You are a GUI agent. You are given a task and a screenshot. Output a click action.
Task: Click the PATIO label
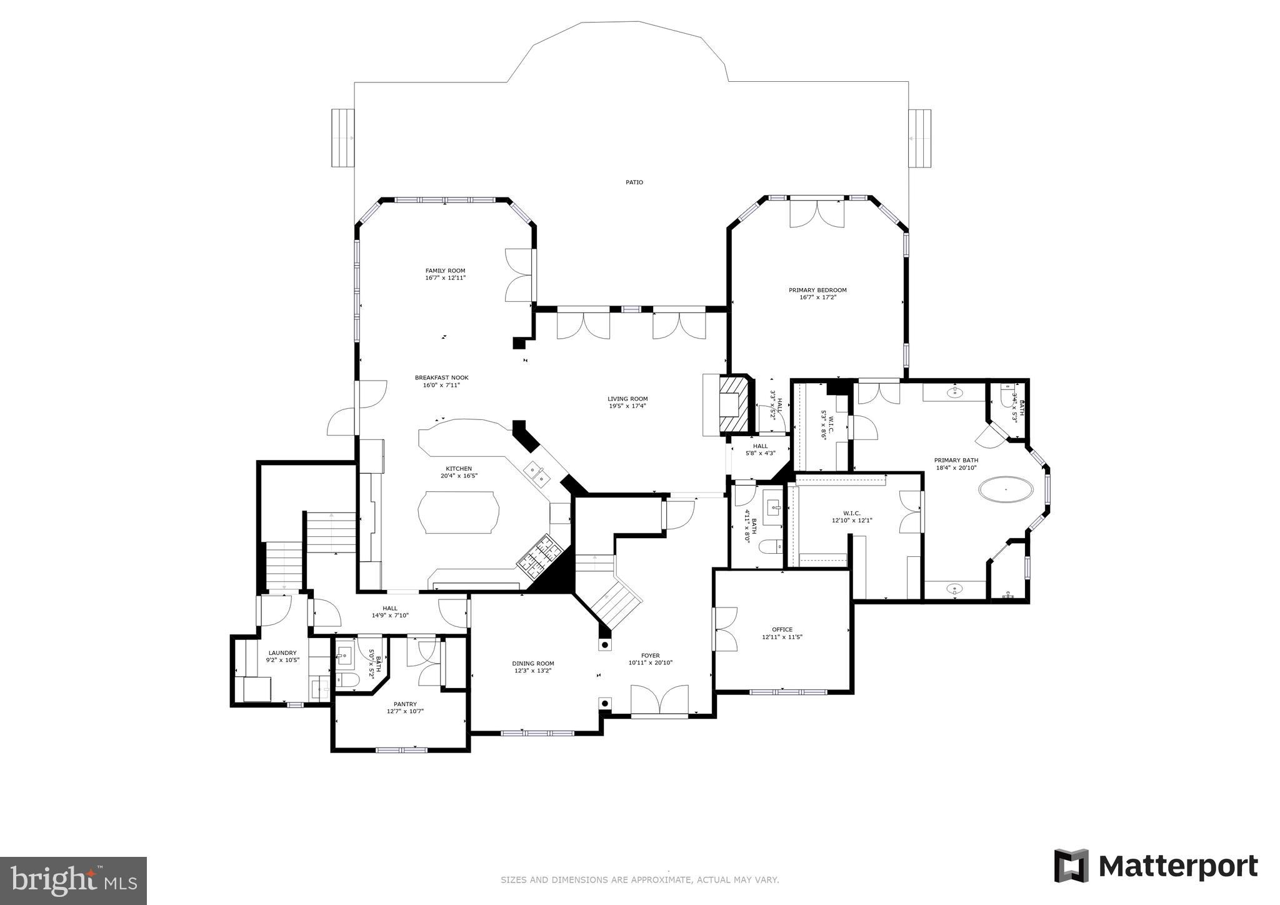pos(634,182)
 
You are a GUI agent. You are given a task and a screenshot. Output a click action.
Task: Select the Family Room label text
pos(445,271)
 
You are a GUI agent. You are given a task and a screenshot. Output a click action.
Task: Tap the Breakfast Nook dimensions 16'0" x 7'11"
pos(441,386)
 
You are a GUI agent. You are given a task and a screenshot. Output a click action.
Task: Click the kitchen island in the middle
pos(461,512)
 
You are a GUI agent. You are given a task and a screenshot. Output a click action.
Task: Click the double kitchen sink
pos(537,473)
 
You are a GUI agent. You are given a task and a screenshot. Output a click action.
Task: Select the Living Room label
pos(627,399)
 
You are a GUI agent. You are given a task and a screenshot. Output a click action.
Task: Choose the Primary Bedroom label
pos(817,290)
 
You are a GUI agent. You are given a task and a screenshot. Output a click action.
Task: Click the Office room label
pos(781,629)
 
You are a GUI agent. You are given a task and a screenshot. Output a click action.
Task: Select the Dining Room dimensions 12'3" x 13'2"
pos(532,671)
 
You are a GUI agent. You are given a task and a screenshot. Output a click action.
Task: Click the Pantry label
pos(405,704)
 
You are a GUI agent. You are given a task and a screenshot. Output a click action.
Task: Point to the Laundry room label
pos(282,652)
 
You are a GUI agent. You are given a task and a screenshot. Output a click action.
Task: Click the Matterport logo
pos(1156,866)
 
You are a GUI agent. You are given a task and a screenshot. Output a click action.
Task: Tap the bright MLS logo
pos(73,881)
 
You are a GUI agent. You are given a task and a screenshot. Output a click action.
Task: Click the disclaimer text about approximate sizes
pos(639,880)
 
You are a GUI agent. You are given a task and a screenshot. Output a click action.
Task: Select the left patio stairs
pos(342,138)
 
